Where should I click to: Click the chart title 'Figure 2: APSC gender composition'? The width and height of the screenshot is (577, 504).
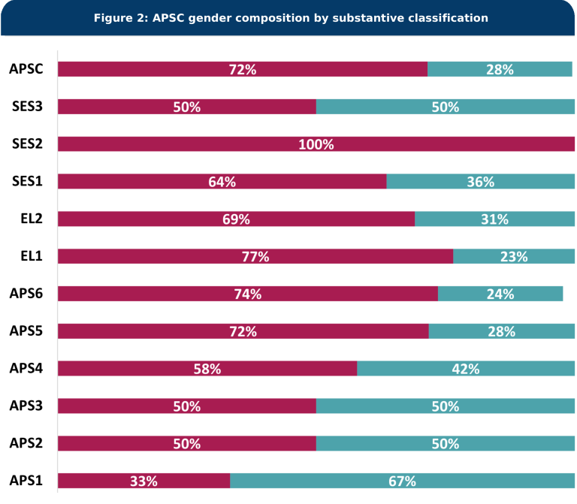pos(290,17)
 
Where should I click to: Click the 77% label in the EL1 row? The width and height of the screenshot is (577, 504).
pos(255,257)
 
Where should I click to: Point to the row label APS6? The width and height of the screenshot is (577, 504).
pos(26,294)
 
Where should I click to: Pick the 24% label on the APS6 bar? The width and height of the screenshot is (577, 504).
pos(500,294)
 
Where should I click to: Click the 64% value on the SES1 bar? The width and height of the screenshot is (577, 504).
pos(222,182)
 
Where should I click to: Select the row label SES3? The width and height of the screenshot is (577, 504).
pos(27,107)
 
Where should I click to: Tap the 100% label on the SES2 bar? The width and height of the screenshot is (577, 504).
pos(316,144)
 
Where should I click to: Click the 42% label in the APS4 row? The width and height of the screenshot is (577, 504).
pos(466,369)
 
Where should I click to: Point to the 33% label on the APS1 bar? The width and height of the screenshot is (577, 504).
pos(143,481)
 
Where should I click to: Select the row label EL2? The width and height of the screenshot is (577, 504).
pos(31,219)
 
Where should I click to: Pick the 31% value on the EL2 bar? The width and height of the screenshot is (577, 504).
pos(494,219)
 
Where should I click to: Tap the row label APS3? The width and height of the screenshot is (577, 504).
pos(26,406)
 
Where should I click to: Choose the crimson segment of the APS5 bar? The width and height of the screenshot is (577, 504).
pos(150,331)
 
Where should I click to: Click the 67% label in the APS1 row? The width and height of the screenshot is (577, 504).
pos(402,481)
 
